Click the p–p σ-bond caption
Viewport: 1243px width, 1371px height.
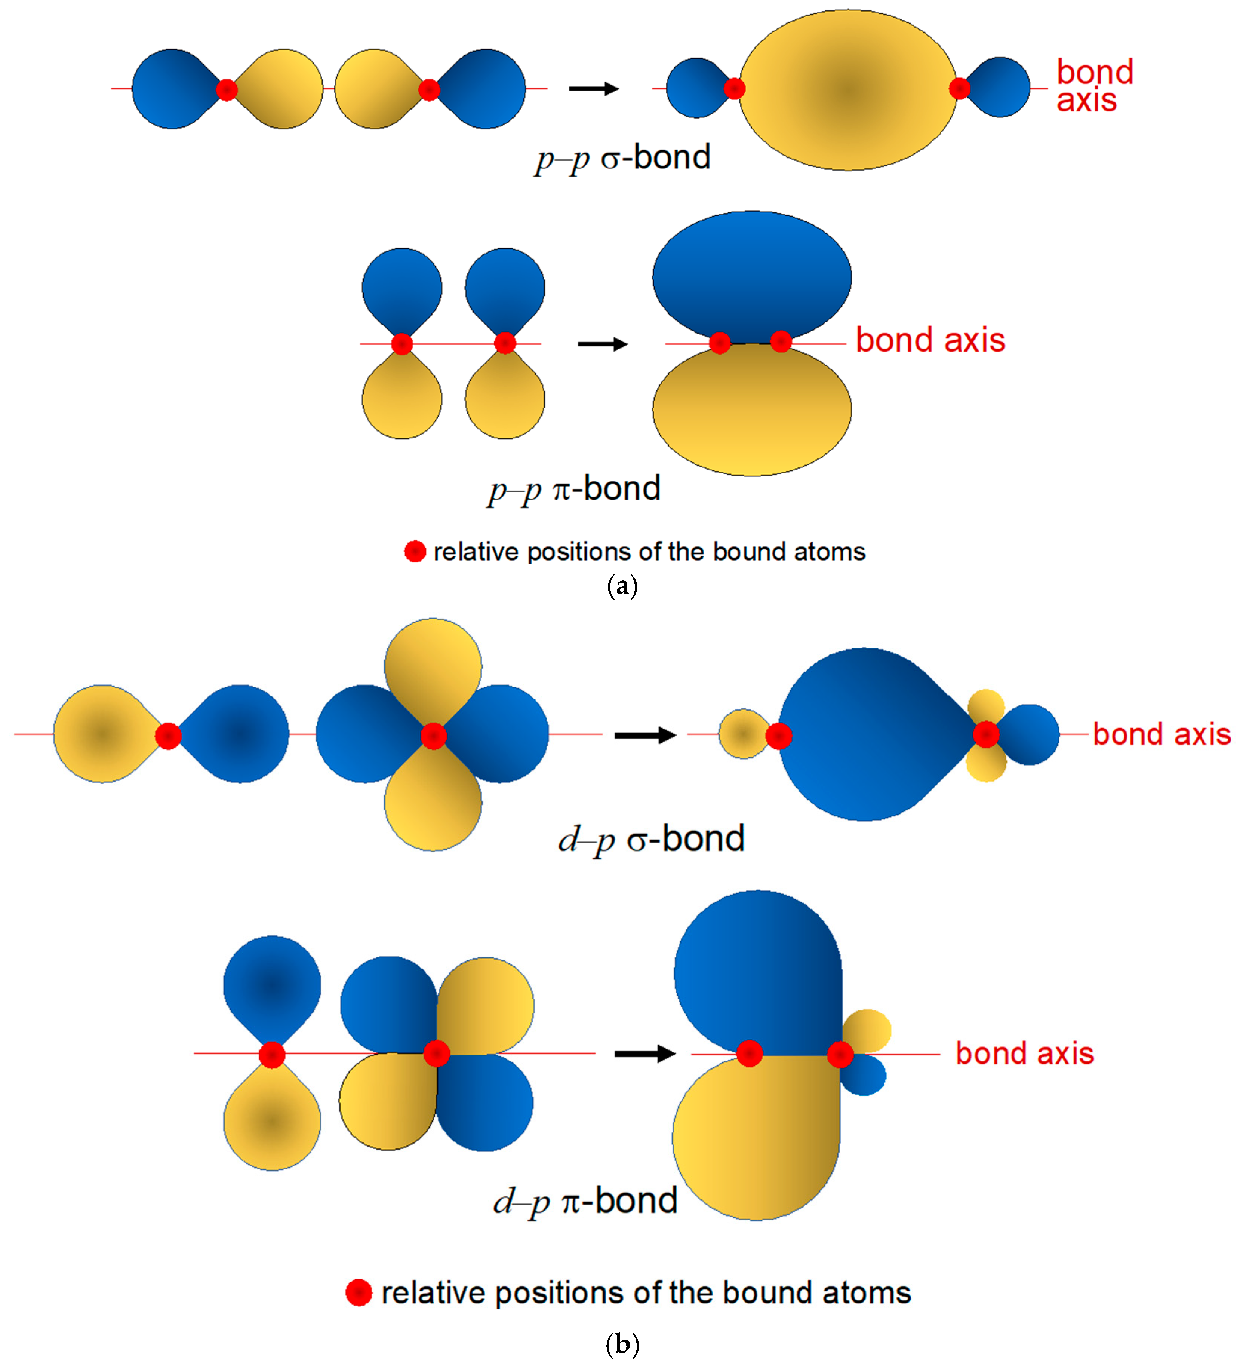(622, 158)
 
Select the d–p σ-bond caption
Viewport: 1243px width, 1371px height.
(651, 838)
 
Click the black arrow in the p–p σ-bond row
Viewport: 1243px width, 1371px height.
(593, 88)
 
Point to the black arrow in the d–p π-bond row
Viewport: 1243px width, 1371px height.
(644, 1053)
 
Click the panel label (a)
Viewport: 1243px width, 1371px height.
(621, 586)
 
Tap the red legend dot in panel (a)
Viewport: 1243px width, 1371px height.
(415, 552)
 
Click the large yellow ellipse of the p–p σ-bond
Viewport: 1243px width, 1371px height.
(847, 90)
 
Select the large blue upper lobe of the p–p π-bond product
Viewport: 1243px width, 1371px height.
(751, 275)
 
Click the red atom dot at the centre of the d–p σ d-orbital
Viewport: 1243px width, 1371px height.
(433, 735)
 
